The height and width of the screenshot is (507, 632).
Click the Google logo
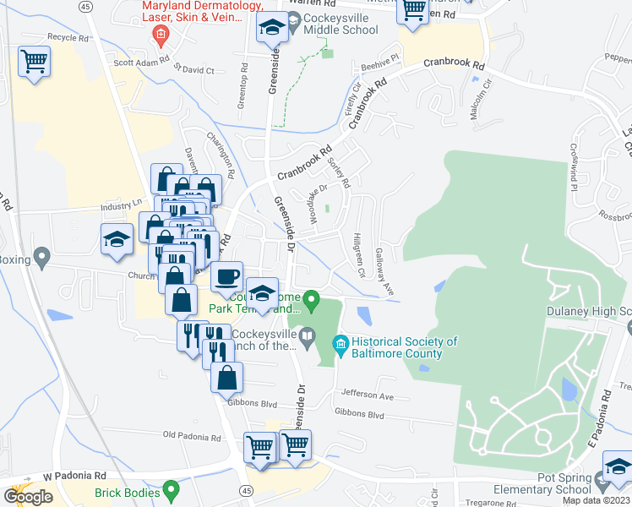click(28, 496)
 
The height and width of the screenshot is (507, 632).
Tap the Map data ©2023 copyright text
click(597, 500)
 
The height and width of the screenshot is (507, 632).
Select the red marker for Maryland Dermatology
click(158, 35)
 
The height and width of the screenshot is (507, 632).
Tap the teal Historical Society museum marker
click(341, 342)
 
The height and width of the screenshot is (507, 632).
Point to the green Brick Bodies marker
click(172, 488)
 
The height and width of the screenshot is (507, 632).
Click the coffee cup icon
click(226, 277)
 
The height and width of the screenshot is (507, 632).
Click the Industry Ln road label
click(123, 204)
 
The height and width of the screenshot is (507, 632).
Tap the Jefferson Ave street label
click(368, 395)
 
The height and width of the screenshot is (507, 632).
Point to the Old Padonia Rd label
click(192, 437)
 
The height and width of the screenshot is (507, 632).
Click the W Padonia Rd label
click(75, 476)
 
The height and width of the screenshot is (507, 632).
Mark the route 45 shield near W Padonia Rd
click(246, 489)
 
